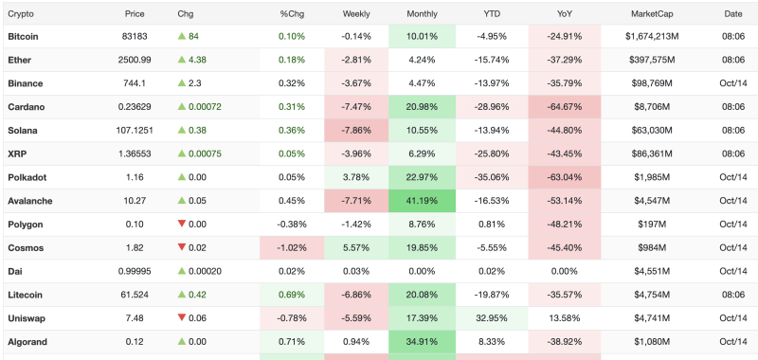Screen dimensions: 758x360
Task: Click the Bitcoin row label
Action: click(23, 36)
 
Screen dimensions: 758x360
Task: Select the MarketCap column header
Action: click(652, 14)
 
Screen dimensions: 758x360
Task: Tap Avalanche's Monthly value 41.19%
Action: click(422, 201)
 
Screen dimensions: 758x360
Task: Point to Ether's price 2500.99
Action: click(135, 60)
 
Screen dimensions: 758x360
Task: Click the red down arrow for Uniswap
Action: click(182, 317)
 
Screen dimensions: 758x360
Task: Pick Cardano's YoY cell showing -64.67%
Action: click(564, 107)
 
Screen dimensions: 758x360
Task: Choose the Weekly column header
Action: click(356, 14)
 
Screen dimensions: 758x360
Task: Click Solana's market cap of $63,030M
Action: click(652, 131)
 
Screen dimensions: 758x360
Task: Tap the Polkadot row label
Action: click(27, 177)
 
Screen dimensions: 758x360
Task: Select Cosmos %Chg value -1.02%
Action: click(292, 248)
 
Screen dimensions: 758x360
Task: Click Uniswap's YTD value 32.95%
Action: click(492, 318)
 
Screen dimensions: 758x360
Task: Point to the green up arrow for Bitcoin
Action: click(182, 36)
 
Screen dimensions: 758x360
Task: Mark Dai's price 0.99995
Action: click(135, 272)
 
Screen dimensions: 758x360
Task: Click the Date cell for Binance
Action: click(732, 83)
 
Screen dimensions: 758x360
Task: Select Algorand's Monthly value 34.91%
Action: click(422, 342)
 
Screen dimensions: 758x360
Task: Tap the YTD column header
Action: click(492, 14)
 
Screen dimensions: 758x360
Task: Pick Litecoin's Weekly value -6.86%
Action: click(356, 295)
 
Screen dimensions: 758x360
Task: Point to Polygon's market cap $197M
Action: click(652, 225)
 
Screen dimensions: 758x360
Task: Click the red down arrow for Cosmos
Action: click(182, 247)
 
